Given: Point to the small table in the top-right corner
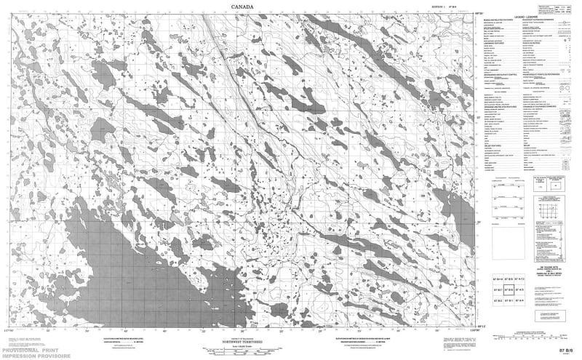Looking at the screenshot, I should pos(563,9).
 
